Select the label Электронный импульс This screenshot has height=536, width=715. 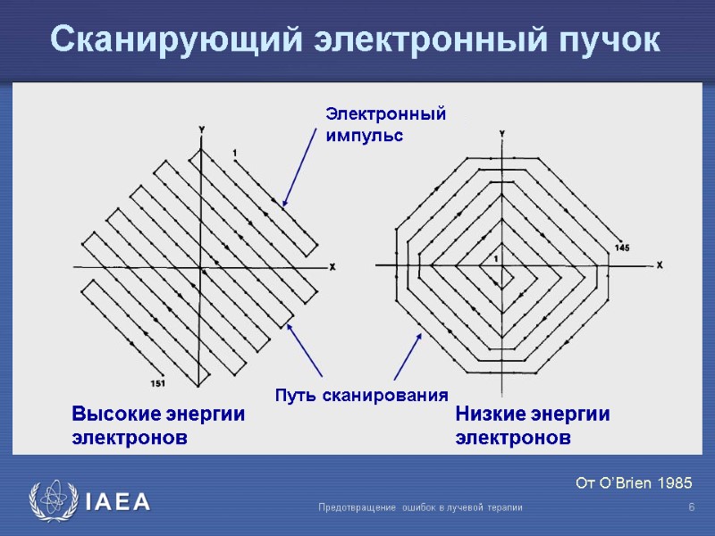point(384,125)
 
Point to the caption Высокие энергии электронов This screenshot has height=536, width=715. point(157,426)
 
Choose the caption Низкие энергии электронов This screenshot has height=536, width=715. point(533,426)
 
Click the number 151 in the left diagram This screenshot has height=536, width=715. point(157,383)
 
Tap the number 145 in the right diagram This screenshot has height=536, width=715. point(623,247)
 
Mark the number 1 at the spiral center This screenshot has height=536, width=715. point(496,258)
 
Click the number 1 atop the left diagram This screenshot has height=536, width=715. point(234,153)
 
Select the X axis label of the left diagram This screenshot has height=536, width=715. point(332,267)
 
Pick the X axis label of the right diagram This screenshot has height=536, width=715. point(660,265)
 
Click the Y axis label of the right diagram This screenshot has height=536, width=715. point(501,133)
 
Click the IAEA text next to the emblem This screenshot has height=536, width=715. point(117,502)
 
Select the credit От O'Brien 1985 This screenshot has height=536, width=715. point(634,483)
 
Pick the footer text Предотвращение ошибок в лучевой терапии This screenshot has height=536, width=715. point(420,507)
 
